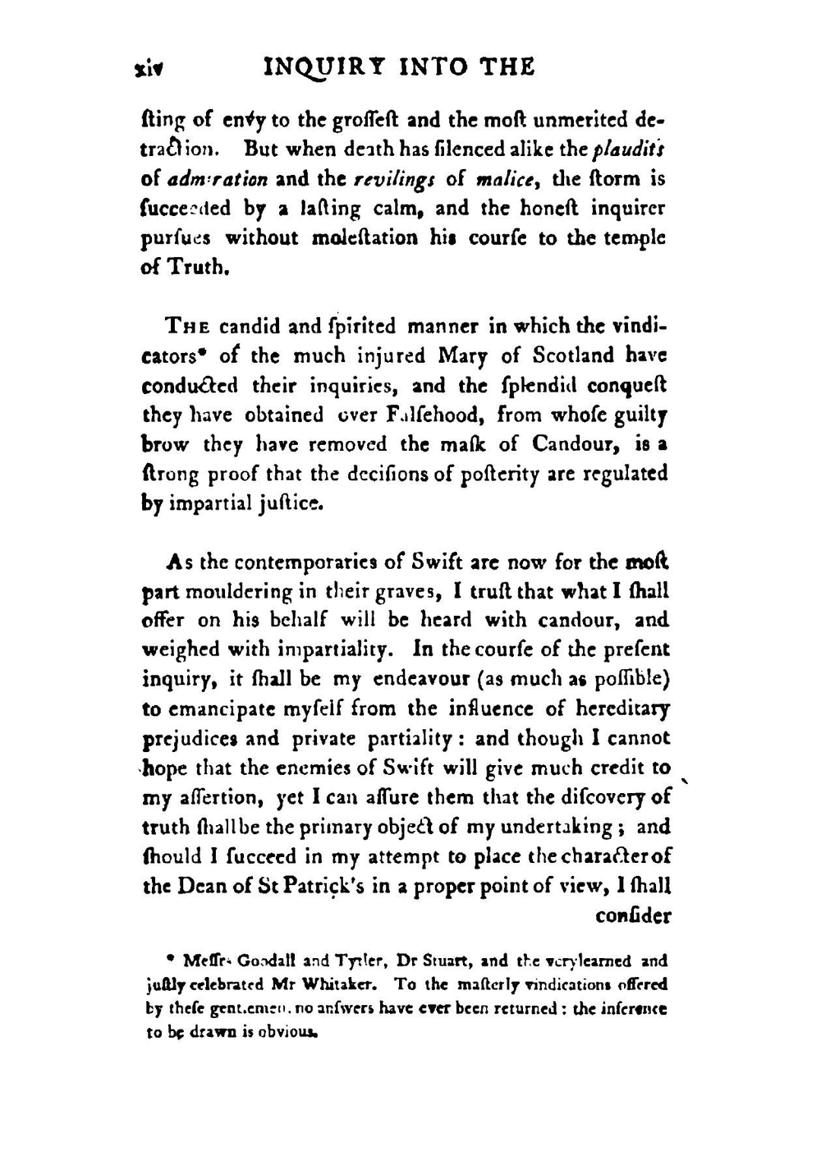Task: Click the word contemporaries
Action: coord(305,562)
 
